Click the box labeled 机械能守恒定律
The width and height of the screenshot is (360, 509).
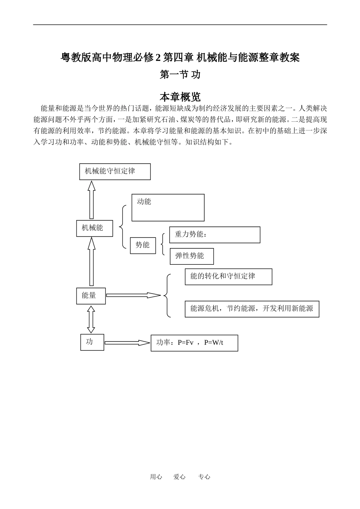point(115,171)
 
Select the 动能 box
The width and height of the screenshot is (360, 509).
point(168,207)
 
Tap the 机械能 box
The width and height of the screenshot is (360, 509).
point(94,228)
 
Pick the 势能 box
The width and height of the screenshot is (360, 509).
point(143,245)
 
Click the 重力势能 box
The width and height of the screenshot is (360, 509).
point(214,235)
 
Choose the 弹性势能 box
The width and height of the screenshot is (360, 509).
point(192,256)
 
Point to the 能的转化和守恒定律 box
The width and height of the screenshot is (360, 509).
point(228,277)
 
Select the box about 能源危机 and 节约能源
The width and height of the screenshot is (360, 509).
point(252,309)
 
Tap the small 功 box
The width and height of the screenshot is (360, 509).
point(92,342)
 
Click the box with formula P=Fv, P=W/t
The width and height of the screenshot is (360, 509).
point(194,343)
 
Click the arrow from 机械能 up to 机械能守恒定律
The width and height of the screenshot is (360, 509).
point(91,200)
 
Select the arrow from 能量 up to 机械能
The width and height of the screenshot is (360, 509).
point(91,261)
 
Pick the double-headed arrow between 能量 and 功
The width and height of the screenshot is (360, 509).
point(91,319)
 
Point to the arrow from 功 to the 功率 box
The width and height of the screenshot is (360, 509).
point(127,343)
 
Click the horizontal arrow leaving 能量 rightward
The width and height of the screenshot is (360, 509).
point(133,295)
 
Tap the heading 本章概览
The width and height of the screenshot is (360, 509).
point(180,97)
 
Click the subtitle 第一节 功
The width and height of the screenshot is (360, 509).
point(180,75)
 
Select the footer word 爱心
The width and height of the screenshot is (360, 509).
point(180,477)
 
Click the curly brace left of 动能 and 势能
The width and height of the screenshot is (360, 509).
point(122,227)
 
